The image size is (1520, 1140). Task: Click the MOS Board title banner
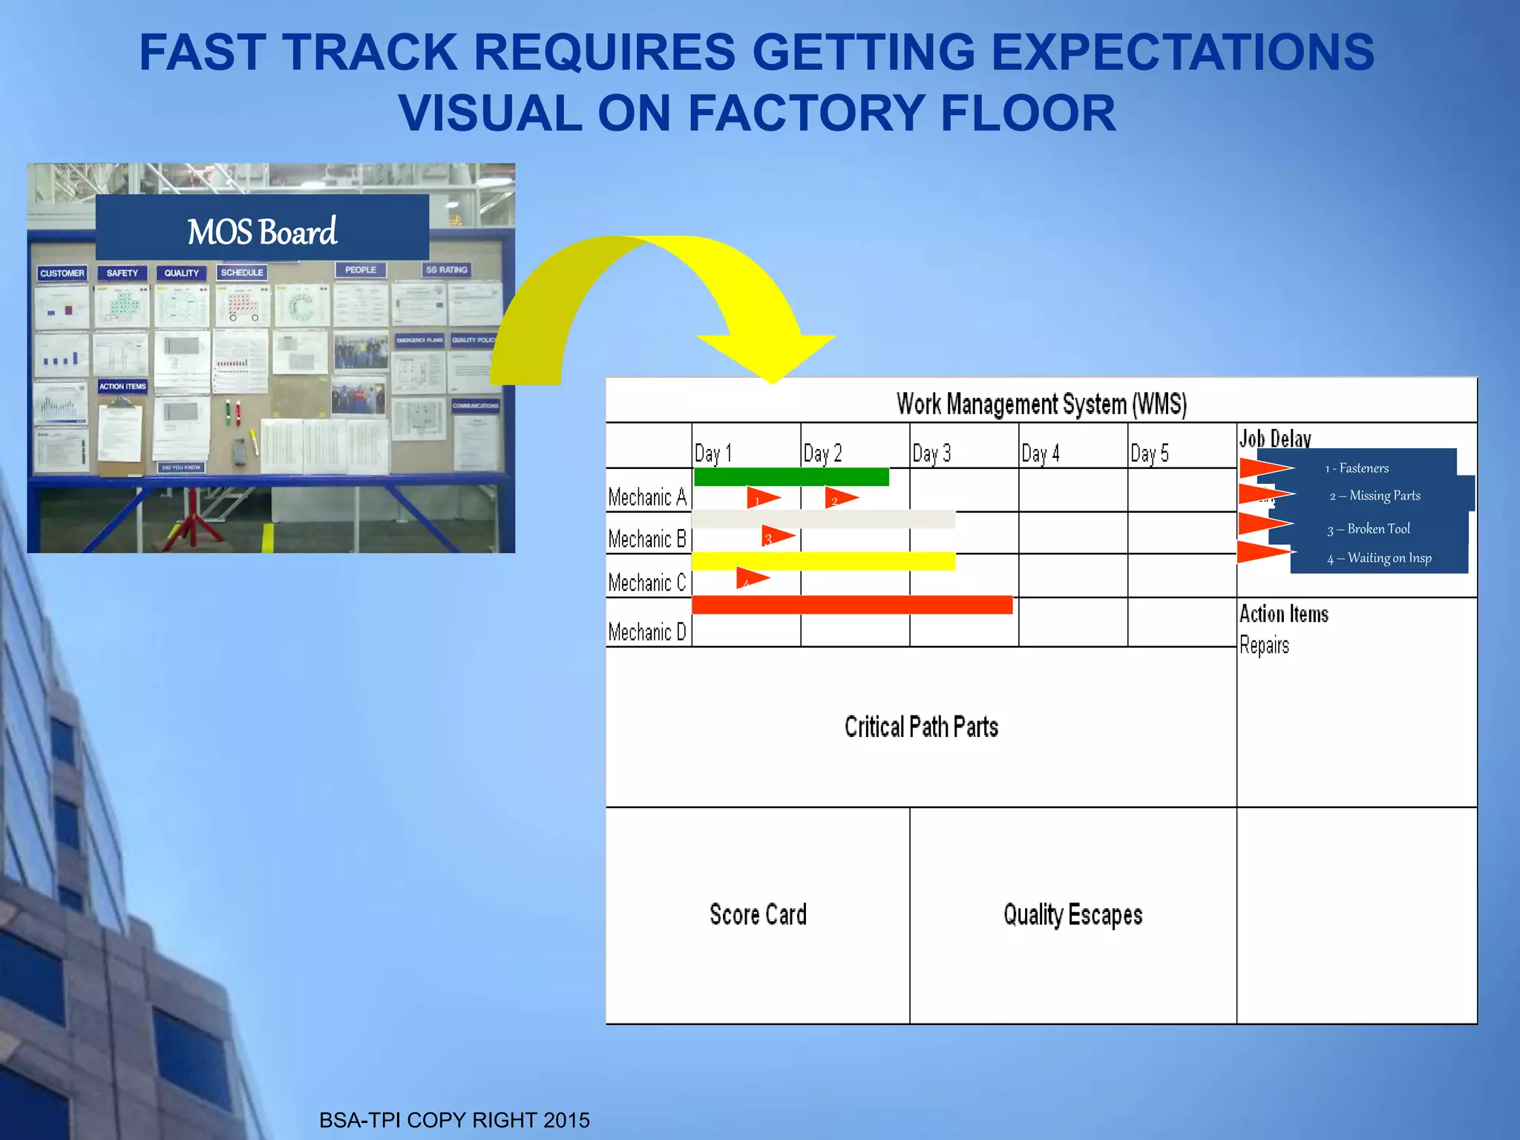262,230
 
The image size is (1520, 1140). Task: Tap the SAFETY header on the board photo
122,273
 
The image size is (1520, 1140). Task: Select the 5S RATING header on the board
446,269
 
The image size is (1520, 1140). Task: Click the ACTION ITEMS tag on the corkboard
122,387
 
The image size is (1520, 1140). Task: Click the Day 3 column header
931,453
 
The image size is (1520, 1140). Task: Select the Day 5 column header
1150,453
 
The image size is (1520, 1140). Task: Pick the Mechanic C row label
647,583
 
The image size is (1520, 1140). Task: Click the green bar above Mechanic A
791,476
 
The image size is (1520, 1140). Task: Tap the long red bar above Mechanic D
852,605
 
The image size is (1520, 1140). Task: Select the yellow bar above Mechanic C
823,561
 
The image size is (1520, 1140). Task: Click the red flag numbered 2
840,498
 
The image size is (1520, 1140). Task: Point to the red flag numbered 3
776,536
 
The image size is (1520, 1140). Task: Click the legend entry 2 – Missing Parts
1375,496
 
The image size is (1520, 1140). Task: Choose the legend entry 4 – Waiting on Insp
1379,558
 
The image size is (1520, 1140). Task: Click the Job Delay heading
1275,439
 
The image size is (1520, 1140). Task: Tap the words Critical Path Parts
921,727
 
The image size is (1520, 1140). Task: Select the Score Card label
758,914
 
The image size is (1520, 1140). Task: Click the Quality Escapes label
1072,914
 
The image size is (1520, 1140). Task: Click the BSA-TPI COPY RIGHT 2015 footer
454,1120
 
